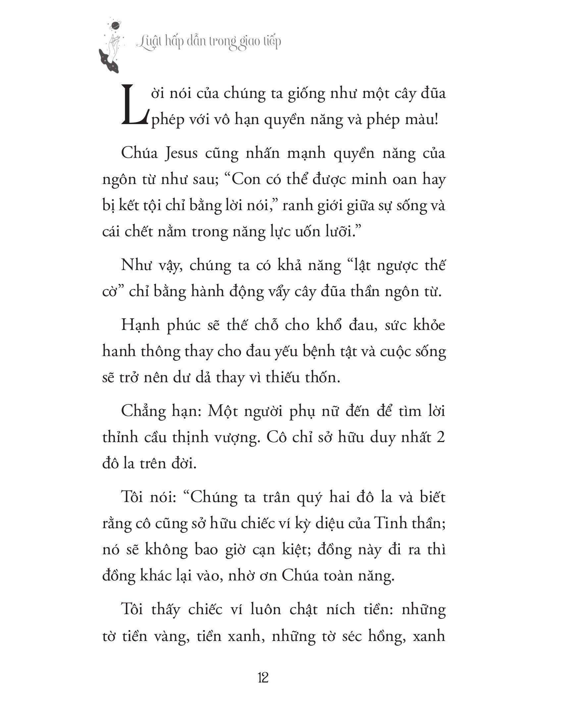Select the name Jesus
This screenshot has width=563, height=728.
pos(181,153)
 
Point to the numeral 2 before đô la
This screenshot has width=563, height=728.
pos(440,437)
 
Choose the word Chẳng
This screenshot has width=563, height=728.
pos(147,412)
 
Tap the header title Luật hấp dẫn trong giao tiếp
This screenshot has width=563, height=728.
pos(209,43)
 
